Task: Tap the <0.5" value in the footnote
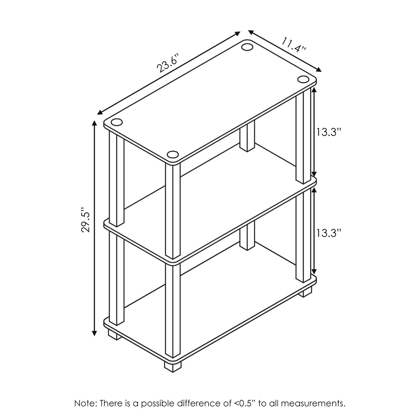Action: pyautogui.click(x=242, y=403)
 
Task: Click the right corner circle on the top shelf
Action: pyautogui.click(x=303, y=80)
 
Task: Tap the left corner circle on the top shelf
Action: pyautogui.click(x=117, y=122)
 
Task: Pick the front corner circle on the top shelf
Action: pyautogui.click(x=172, y=155)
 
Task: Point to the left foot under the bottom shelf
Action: pyautogui.click(x=113, y=335)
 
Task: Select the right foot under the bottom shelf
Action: pyautogui.click(x=305, y=292)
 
